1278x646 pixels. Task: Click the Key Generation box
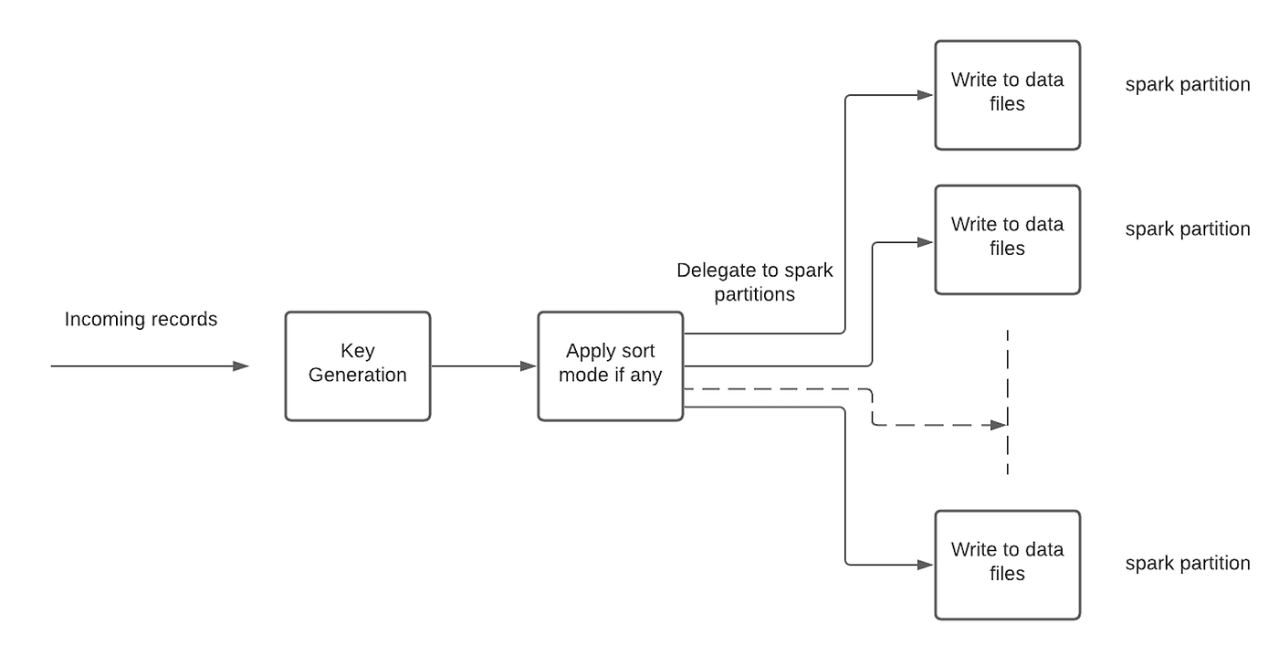point(357,365)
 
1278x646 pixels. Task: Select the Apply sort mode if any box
point(610,365)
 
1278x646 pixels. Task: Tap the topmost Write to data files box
point(1007,94)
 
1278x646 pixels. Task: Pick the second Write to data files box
point(1007,238)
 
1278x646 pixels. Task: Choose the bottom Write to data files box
point(1007,564)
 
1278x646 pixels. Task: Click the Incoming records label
point(141,320)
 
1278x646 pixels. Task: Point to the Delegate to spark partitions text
point(754,282)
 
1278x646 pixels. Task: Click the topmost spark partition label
point(1187,85)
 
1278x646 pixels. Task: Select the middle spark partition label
point(1187,229)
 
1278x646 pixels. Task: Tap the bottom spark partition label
point(1187,564)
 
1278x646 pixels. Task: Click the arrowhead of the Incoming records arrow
point(241,366)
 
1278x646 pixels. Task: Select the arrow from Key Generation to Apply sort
point(483,366)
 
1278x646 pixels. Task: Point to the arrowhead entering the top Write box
point(926,95)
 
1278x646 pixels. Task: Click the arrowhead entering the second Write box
point(926,242)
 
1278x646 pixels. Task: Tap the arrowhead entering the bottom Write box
point(926,565)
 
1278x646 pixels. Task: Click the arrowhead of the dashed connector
point(999,425)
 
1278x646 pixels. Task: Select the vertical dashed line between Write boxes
point(1008,402)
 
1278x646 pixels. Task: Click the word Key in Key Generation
point(357,352)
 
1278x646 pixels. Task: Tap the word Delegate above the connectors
point(713,271)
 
